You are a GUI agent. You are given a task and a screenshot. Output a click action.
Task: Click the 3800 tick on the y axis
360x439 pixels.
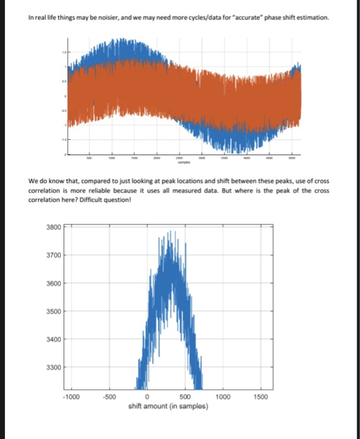pos(53,227)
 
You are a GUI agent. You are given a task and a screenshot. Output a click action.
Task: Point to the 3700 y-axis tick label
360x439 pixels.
pos(53,255)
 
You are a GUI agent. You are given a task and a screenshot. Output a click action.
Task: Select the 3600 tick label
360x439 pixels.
pos(53,283)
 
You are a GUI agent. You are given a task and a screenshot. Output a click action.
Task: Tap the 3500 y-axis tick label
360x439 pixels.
pos(53,311)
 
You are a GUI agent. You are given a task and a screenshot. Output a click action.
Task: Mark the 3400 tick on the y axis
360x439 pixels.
pos(53,339)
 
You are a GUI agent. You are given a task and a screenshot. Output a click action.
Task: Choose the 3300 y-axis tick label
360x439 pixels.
pos(53,367)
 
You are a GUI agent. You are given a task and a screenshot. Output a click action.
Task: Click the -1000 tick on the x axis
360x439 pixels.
pos(71,397)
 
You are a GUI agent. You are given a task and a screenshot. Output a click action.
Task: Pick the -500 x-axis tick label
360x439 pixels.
pos(110,397)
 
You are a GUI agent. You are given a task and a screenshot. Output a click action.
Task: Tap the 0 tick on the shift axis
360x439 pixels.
pos(147,397)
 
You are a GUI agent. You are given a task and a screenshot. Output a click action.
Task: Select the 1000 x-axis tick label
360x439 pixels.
pos(223,397)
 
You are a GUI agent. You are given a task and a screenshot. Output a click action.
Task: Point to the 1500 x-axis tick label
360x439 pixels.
pos(262,397)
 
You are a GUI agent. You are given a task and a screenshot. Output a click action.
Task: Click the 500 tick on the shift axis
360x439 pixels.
pos(185,397)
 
